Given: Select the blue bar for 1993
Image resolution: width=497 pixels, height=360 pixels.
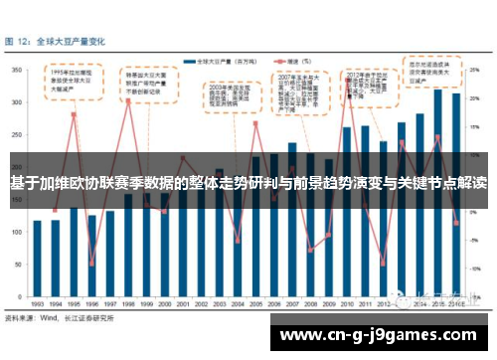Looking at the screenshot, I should pyautogui.click(x=37, y=258).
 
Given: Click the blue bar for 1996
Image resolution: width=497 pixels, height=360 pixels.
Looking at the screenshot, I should pyautogui.click(x=91, y=255).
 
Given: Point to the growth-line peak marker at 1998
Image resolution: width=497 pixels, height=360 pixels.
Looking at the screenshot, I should pyautogui.click(x=128, y=101).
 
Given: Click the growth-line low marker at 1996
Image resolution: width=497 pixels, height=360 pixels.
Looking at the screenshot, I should pyautogui.click(x=91, y=263).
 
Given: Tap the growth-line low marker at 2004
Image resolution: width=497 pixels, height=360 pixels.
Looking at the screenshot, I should pyautogui.click(x=238, y=241).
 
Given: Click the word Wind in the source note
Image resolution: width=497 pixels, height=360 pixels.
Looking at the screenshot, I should pyautogui.click(x=47, y=318).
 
